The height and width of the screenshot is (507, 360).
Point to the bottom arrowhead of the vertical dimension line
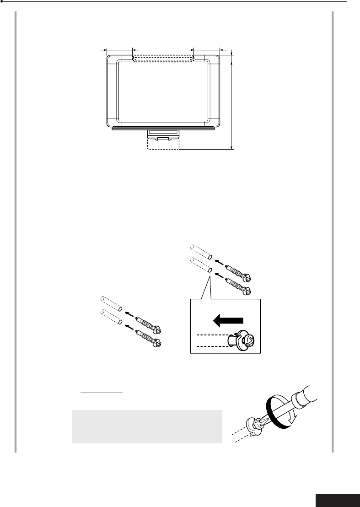(x=232, y=146)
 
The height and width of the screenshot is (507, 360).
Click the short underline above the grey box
(x=102, y=393)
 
